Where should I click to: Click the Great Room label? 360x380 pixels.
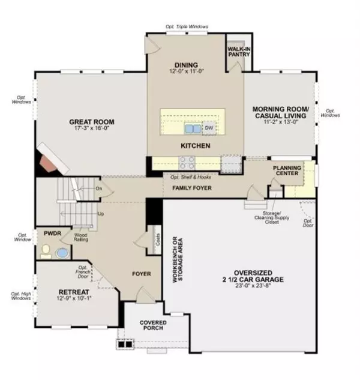click(x=91, y=122)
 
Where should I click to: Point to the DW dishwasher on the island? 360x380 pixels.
click(x=209, y=128)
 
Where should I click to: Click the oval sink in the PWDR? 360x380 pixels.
click(x=61, y=253)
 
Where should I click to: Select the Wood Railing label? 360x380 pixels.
click(x=82, y=237)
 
